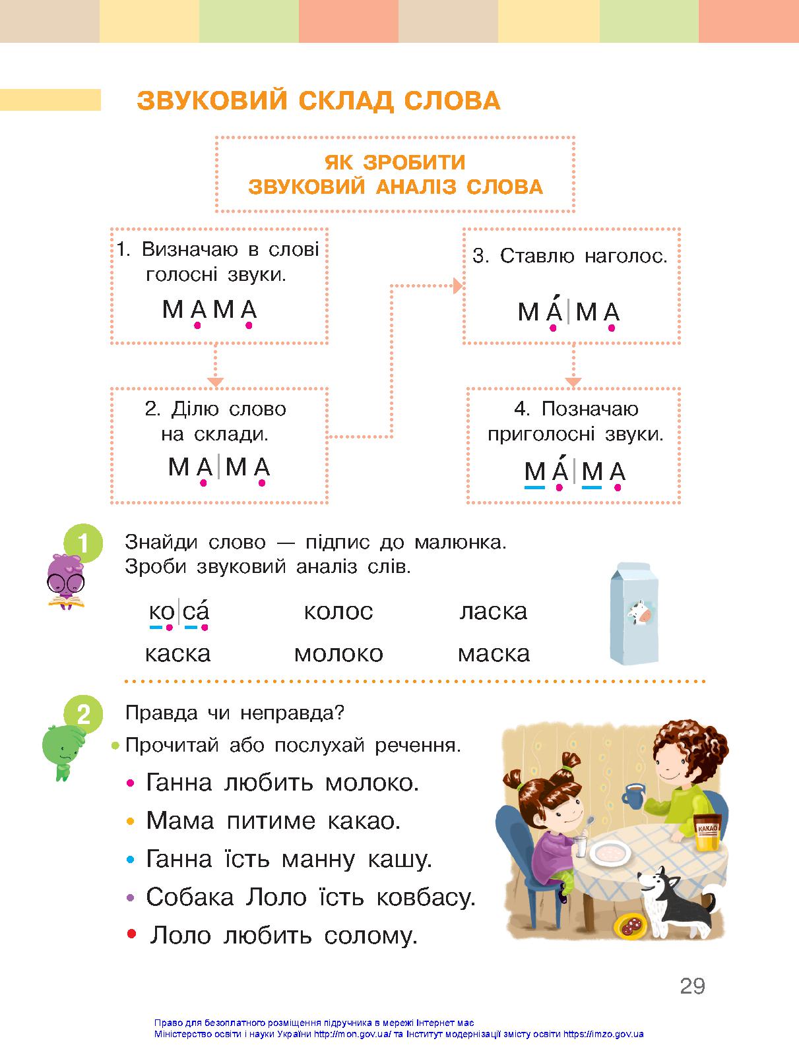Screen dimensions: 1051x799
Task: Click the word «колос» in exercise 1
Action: pos(338,611)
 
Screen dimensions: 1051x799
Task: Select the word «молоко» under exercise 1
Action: pos(338,653)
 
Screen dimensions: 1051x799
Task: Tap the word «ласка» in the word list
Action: pos(494,611)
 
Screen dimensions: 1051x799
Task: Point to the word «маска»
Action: pos(494,653)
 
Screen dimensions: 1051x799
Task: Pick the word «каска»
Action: pos(177,653)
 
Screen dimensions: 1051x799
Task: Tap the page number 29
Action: pos(692,986)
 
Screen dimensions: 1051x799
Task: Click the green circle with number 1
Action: pos(83,543)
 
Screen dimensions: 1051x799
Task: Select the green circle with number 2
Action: pos(83,714)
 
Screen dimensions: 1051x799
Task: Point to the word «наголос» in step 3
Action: pos(623,256)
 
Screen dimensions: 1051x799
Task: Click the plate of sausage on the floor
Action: pos(630,927)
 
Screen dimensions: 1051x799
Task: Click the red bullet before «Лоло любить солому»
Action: pos(131,934)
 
